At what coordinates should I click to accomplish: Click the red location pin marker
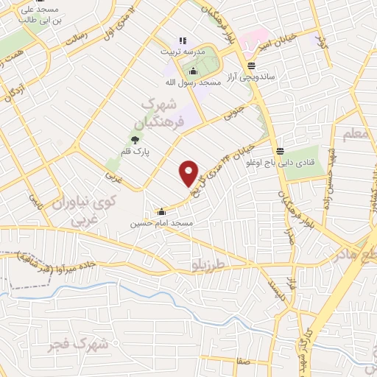pyautogui.click(x=189, y=173)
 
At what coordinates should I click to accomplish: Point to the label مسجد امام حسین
pyautogui.click(x=162, y=222)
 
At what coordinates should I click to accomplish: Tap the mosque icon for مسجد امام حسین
pyautogui.click(x=161, y=212)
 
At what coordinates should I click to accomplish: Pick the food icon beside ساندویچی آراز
pyautogui.click(x=251, y=66)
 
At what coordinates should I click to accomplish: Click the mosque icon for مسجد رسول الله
pyautogui.click(x=194, y=71)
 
